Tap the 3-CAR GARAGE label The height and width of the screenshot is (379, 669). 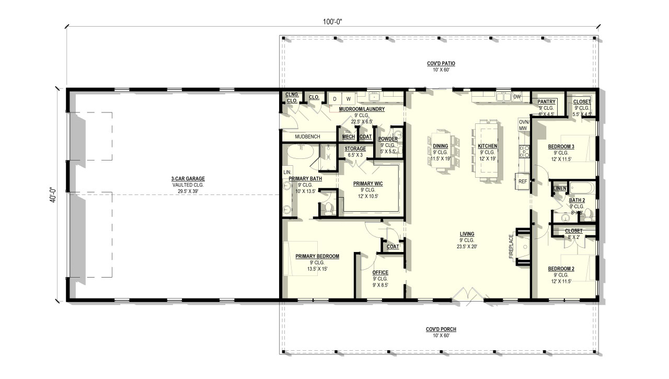click(x=188, y=179)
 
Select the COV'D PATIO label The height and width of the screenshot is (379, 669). click(x=441, y=64)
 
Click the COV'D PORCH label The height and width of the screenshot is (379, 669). click(x=441, y=329)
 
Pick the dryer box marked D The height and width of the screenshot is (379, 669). click(x=334, y=99)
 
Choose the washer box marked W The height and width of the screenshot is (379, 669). click(x=348, y=99)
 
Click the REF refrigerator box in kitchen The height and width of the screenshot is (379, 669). click(x=522, y=181)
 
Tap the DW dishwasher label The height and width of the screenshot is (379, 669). click(x=516, y=97)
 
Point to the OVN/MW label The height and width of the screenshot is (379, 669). click(x=524, y=125)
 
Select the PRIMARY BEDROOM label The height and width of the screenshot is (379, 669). click(x=317, y=256)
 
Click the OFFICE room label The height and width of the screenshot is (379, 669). click(x=380, y=272)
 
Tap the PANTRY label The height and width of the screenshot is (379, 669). click(x=546, y=101)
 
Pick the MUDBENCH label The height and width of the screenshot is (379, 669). click(x=307, y=136)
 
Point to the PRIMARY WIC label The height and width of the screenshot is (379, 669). click(x=368, y=183)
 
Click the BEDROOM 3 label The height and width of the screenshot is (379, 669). click(x=561, y=146)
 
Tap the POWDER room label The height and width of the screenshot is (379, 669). click(x=388, y=139)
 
